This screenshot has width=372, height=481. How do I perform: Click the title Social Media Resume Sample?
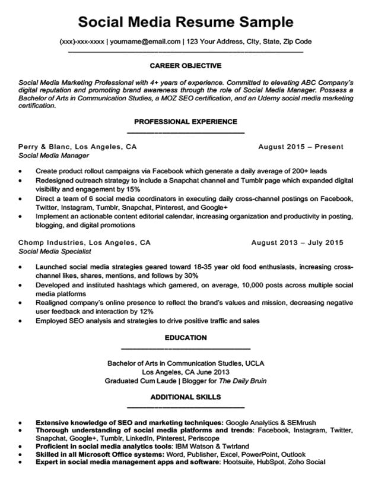pyautogui.click(x=186, y=22)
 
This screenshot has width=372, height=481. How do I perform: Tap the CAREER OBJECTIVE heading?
pyautogui.click(x=186, y=65)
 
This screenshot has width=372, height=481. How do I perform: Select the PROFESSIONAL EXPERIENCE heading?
pyautogui.click(x=186, y=121)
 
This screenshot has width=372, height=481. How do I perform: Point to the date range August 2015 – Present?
pyautogui.click(x=301, y=146)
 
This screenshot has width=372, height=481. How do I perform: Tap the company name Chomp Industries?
pyautogui.click(x=50, y=242)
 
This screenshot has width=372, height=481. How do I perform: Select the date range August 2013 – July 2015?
pyautogui.click(x=297, y=242)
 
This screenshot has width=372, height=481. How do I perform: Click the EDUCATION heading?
pyautogui.click(x=186, y=337)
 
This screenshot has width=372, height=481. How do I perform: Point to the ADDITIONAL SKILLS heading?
pyautogui.click(x=186, y=397)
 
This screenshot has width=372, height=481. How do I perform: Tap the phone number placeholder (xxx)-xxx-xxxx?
pyautogui.click(x=82, y=42)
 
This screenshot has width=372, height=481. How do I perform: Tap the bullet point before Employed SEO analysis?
pyautogui.click(x=21, y=321)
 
